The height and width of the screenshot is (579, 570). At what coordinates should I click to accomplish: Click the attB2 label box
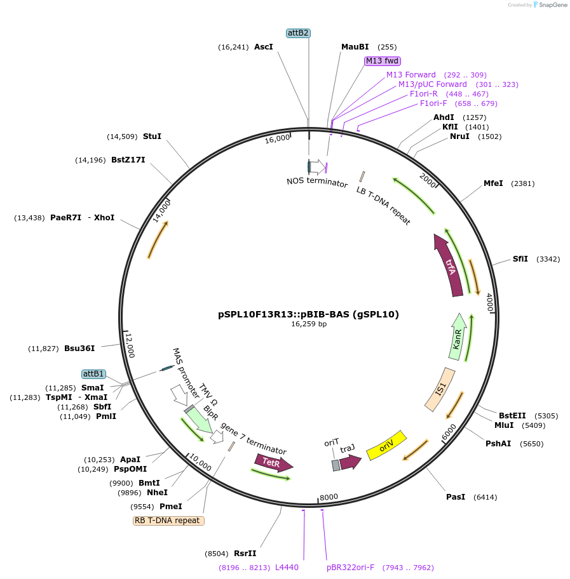298,33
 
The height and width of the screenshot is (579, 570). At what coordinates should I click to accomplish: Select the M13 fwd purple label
382,61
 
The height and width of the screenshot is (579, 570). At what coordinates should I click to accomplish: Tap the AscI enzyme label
263,47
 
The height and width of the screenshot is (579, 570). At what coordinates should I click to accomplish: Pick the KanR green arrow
459,337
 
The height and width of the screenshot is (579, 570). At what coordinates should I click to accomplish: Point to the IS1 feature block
440,389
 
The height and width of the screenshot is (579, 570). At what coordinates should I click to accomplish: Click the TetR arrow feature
273,463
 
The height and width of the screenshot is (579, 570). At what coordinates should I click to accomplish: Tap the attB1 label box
94,375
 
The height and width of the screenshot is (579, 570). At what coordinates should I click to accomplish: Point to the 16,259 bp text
309,324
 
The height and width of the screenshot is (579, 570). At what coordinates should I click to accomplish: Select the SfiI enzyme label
520,259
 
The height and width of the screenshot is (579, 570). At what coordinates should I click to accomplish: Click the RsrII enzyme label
245,554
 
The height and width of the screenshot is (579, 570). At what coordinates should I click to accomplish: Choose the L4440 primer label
287,568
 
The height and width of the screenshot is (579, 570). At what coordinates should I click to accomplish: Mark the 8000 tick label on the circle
329,497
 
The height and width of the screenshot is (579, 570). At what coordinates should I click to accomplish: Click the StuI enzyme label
152,136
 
